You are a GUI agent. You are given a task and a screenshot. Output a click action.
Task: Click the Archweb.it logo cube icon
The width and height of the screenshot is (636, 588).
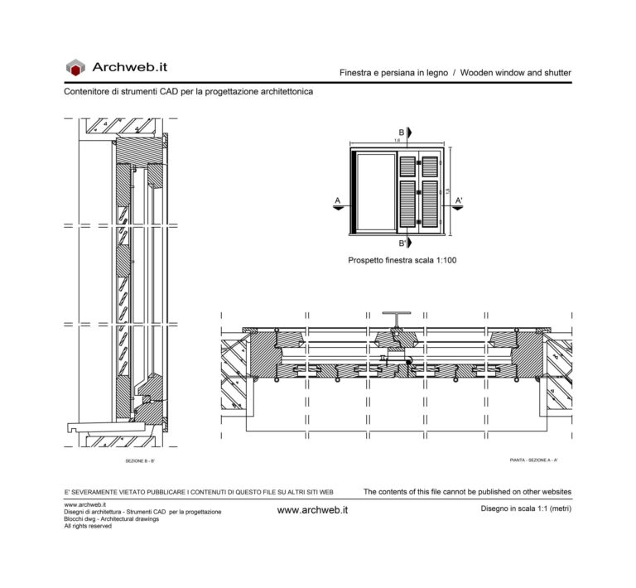point(75,67)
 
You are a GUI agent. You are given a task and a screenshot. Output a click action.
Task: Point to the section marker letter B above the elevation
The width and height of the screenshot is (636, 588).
point(402,133)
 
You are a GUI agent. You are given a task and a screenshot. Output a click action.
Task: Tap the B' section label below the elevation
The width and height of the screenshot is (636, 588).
point(402,243)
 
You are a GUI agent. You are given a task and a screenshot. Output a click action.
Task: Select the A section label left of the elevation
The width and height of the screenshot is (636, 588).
point(337,200)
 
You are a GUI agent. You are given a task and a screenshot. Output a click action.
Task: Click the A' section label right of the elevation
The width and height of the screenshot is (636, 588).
point(459,200)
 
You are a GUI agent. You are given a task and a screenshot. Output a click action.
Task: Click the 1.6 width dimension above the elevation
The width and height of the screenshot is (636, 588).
point(397,142)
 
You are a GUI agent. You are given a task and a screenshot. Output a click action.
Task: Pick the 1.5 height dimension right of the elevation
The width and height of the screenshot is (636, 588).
point(447,191)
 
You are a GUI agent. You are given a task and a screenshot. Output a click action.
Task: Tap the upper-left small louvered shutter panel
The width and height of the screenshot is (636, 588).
point(407,166)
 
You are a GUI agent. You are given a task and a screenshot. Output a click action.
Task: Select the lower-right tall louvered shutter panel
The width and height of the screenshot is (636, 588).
point(429,203)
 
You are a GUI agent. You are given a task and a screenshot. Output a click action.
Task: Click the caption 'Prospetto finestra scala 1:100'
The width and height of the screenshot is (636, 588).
point(402,260)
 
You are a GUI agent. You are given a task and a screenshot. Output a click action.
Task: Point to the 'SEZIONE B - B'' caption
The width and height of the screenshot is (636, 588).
point(139,460)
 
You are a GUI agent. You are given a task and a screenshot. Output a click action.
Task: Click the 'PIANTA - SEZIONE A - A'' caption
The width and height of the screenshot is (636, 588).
point(533,460)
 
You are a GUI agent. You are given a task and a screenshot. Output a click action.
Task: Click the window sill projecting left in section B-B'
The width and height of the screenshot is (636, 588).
point(91,428)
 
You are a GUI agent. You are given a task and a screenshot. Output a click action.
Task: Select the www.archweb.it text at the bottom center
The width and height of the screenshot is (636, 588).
point(312,510)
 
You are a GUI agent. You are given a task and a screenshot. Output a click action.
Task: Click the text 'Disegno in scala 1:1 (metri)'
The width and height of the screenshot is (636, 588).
point(526,508)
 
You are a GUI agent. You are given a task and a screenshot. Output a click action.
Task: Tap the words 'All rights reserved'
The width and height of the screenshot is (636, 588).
point(87,527)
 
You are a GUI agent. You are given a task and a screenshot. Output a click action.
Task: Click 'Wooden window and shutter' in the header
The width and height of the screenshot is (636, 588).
point(515,73)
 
